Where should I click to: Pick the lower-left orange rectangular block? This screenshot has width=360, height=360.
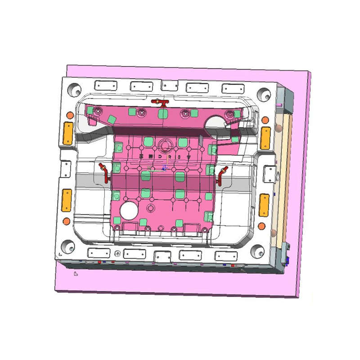[67, 200]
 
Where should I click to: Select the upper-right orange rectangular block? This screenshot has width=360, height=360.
[266, 137]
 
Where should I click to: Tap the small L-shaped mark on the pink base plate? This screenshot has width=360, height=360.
[76, 272]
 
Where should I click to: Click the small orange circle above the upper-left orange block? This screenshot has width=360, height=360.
[70, 115]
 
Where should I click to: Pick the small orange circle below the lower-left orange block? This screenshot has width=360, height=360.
[67, 221]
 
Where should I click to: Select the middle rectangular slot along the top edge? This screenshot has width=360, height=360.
[169, 86]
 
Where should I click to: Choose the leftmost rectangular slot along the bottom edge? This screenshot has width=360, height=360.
[99, 252]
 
